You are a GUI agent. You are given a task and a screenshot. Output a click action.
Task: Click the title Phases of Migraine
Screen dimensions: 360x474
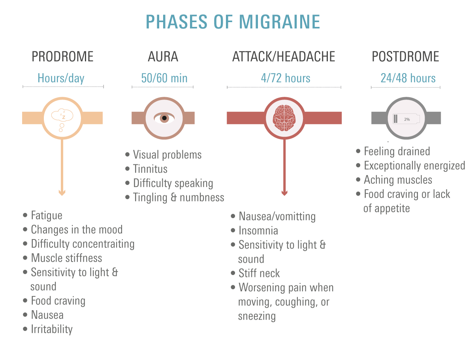point(233,22)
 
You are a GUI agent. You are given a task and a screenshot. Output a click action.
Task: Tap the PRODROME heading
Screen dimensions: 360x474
point(62,57)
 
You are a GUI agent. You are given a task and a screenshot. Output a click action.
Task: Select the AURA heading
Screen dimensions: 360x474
point(163,57)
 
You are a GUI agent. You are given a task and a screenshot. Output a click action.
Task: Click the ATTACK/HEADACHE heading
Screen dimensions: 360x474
point(284,57)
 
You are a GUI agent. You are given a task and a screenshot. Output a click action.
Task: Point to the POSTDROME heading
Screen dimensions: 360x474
point(405,57)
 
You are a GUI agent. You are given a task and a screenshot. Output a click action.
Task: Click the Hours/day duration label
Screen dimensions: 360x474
point(61,78)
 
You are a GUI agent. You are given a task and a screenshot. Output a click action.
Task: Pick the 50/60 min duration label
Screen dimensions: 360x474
point(164,78)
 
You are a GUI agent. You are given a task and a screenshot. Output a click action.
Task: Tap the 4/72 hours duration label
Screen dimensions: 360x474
point(286,78)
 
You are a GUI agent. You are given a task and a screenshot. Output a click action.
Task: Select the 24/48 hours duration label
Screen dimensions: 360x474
point(408,78)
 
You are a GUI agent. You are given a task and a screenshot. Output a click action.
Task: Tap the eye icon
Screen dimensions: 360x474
point(163,118)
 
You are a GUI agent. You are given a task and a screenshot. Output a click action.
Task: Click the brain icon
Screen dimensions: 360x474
point(284,118)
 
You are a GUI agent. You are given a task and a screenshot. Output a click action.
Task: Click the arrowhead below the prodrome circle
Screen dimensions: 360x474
point(62,192)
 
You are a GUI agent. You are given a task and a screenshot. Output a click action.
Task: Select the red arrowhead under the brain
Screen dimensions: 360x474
point(284,193)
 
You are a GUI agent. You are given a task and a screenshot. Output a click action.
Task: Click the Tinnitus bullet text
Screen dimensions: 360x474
point(150,169)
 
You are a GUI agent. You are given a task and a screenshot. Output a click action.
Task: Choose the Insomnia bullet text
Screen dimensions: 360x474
point(258,231)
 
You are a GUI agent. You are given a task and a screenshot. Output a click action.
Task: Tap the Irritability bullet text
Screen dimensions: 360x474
point(52,329)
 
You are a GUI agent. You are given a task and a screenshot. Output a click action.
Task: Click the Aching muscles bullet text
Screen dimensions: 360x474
point(398,180)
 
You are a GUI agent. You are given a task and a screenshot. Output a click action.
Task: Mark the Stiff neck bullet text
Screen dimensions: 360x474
point(259,273)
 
